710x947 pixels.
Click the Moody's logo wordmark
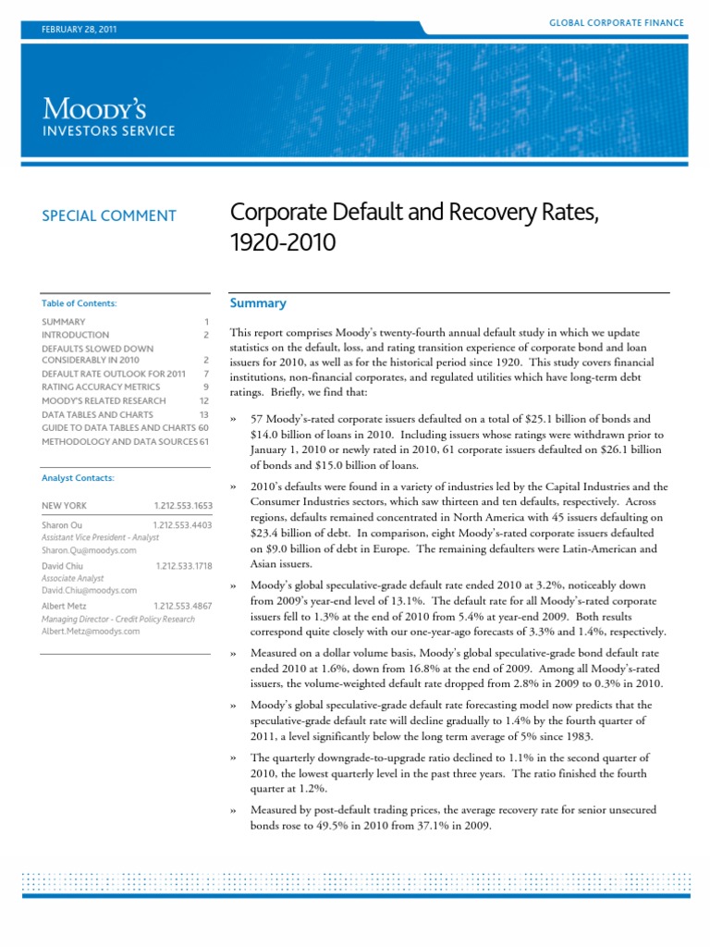[x=108, y=108]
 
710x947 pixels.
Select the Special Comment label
[x=109, y=215]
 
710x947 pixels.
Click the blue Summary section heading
[x=257, y=303]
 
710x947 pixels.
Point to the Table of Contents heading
[x=80, y=302]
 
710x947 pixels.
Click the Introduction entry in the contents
[x=75, y=335]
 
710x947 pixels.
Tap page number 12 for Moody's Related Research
[x=204, y=400]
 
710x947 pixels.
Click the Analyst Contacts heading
[x=78, y=478]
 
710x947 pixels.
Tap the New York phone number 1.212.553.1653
[x=183, y=506]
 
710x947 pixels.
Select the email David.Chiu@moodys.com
[x=90, y=589]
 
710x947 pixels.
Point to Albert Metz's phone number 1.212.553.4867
[x=183, y=605]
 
